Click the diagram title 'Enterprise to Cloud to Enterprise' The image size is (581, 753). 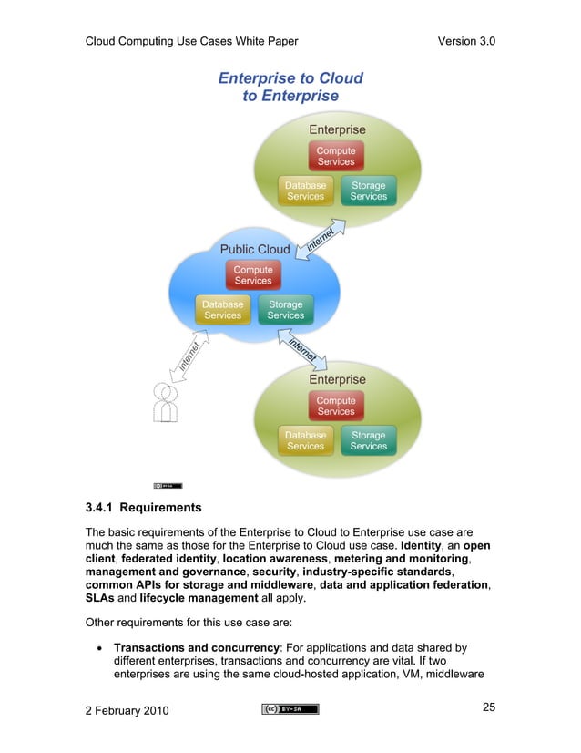290,88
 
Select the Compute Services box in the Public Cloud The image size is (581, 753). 253,275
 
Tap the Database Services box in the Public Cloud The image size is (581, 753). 223,310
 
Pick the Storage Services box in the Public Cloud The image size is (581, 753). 286,310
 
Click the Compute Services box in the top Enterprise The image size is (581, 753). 336,156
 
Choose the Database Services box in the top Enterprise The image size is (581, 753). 306,191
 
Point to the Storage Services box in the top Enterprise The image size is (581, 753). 369,191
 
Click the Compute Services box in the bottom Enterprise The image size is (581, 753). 336,406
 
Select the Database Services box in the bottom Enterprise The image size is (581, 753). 306,441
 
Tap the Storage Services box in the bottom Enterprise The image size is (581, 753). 369,441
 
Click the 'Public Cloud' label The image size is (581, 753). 255,249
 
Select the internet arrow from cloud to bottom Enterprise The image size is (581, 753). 305,352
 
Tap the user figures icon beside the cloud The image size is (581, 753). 165,402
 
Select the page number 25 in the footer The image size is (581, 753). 487,708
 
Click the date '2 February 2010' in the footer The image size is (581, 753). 132,710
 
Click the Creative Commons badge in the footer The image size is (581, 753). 290,709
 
